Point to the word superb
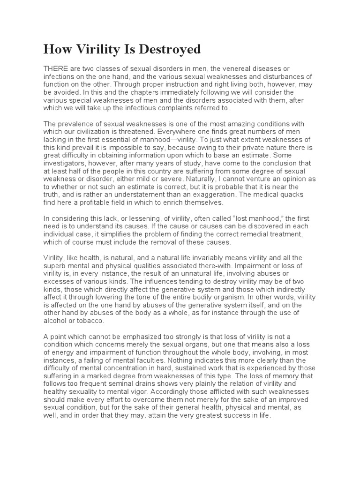[56, 266]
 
